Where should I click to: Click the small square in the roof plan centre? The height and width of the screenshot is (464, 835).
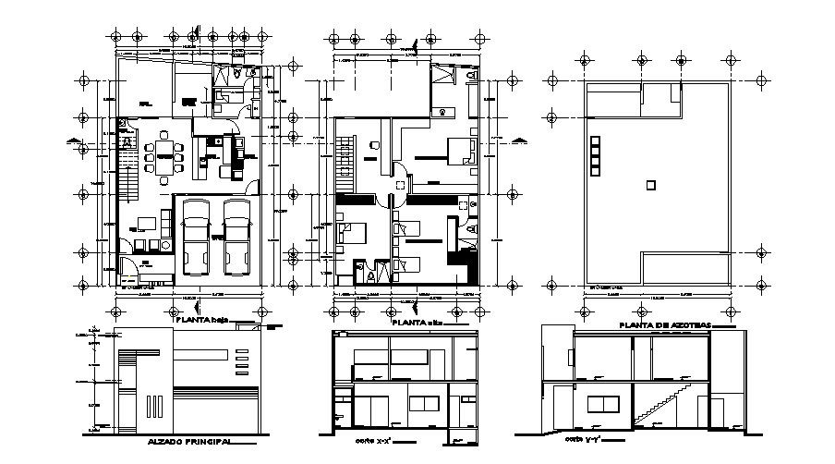(x=651, y=186)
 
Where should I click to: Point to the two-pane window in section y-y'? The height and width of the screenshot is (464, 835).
(x=601, y=403)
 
